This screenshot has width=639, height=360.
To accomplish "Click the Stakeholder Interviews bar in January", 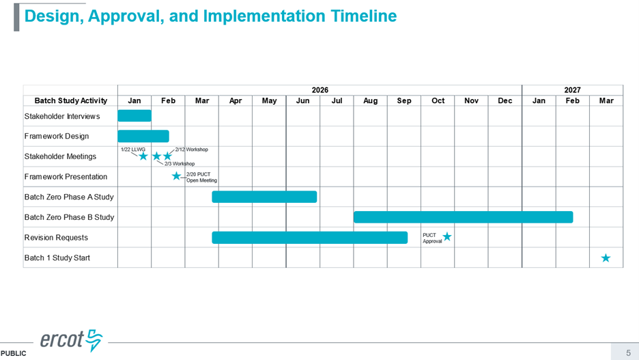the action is (134, 115).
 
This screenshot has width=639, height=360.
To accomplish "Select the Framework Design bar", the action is (143, 136).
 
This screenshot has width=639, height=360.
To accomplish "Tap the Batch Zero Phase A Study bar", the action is (264, 197).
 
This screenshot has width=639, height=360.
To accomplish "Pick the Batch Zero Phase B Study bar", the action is (463, 217).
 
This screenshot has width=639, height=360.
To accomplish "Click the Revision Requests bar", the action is (310, 238).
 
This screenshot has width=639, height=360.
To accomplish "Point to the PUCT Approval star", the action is (447, 236).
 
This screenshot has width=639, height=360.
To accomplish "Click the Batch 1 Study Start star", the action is (606, 258).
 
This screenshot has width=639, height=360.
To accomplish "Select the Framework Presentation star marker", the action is (176, 176).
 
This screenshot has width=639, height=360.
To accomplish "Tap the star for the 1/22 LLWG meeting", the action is (143, 156).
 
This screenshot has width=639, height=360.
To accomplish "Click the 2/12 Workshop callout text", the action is (192, 149).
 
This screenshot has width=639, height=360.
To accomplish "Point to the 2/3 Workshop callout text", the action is (180, 163).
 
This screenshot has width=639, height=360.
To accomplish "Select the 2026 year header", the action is (320, 90).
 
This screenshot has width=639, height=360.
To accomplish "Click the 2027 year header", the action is (572, 90).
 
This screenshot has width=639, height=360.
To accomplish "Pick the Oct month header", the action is (438, 100).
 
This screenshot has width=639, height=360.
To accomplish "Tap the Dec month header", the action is (505, 100).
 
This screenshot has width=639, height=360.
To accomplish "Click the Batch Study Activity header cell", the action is (70, 100).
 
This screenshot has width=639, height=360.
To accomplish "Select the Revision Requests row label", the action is (56, 238).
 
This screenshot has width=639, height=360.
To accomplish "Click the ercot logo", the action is (71, 340).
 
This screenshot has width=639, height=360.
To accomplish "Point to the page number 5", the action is (628, 352).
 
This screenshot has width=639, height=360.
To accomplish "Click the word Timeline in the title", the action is (363, 16).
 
